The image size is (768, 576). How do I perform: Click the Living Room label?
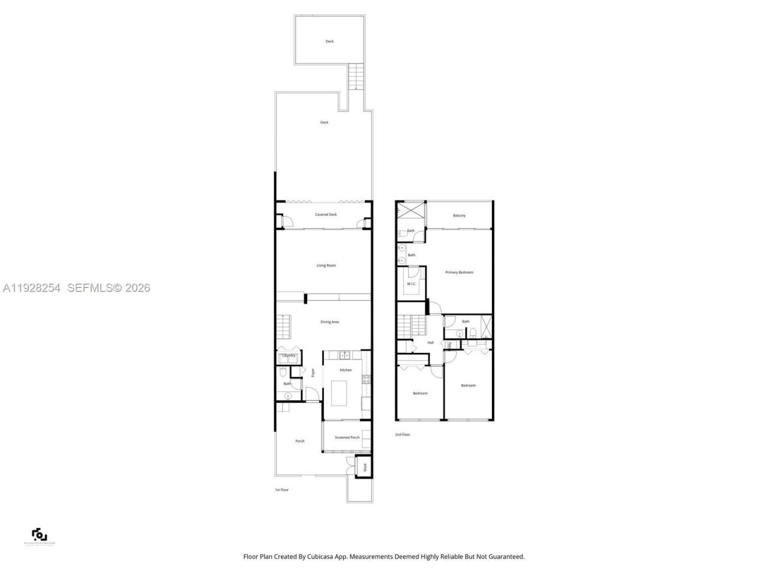(326, 265)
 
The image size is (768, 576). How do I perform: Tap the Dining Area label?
(329, 322)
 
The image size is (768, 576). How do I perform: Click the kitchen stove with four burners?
(366, 379)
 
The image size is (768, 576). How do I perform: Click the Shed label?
(364, 467)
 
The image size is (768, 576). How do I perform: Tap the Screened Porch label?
(347, 437)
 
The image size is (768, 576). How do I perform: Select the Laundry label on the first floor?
(289, 356)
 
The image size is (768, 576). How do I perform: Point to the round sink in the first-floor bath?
(288, 396)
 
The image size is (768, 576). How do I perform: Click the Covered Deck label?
(326, 214)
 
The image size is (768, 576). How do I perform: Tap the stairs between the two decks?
(356, 77)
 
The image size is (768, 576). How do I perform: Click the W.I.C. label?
(412, 284)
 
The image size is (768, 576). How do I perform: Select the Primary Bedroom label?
(459, 272)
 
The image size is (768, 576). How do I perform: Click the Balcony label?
(459, 215)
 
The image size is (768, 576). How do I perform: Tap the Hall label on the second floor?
(430, 343)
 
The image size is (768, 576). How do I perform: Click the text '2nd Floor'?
(402, 434)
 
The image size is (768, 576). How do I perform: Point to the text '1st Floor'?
(281, 490)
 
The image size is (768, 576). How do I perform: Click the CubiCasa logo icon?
(39, 534)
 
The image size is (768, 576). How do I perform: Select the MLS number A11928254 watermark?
(32, 288)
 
